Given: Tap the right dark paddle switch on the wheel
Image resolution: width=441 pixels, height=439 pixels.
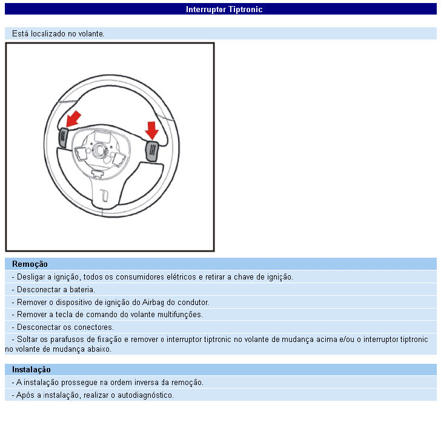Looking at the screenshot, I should click(x=151, y=150).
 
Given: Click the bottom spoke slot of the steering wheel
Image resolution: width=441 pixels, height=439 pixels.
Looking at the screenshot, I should click(x=104, y=195).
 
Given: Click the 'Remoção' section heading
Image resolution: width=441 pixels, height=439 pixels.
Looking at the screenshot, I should click(x=30, y=264).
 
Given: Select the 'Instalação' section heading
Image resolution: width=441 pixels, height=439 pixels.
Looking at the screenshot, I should click(x=31, y=369).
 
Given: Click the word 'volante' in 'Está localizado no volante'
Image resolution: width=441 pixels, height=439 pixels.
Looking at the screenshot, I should click(x=90, y=33).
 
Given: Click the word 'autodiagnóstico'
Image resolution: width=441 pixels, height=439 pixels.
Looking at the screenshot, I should click(x=148, y=395).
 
